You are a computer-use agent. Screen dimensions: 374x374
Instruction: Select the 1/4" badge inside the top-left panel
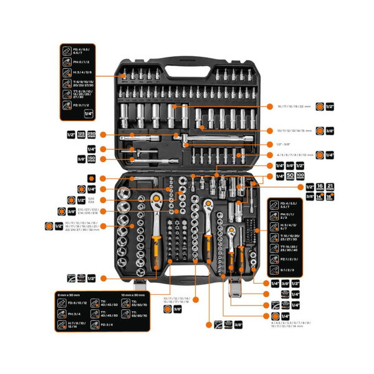tap(88, 114)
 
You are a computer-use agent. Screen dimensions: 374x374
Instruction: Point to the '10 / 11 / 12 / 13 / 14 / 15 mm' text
tap(294, 130)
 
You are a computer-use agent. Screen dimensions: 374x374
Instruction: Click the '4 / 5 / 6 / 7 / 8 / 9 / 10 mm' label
tap(294, 155)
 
